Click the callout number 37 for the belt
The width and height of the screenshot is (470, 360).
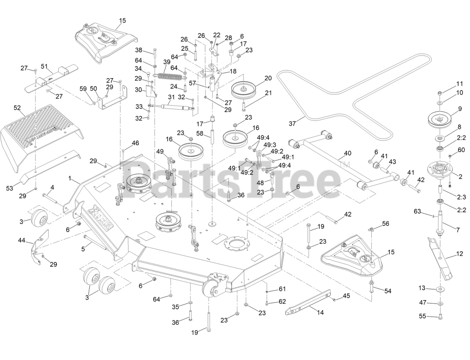(x=292, y=124)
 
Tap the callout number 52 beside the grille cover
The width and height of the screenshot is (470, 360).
(x=17, y=108)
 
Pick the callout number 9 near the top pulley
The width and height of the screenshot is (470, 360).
(x=459, y=108)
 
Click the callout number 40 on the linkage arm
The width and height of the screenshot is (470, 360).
(x=347, y=153)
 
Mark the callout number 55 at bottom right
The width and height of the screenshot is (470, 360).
(x=423, y=316)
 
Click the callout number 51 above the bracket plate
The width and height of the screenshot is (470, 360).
(x=44, y=66)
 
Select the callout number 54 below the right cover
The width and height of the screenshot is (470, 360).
(x=388, y=291)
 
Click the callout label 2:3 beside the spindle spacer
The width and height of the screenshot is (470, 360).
(x=462, y=197)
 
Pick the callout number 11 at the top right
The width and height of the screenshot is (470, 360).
(x=460, y=83)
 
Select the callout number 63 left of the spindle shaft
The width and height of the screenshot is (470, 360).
(x=417, y=211)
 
